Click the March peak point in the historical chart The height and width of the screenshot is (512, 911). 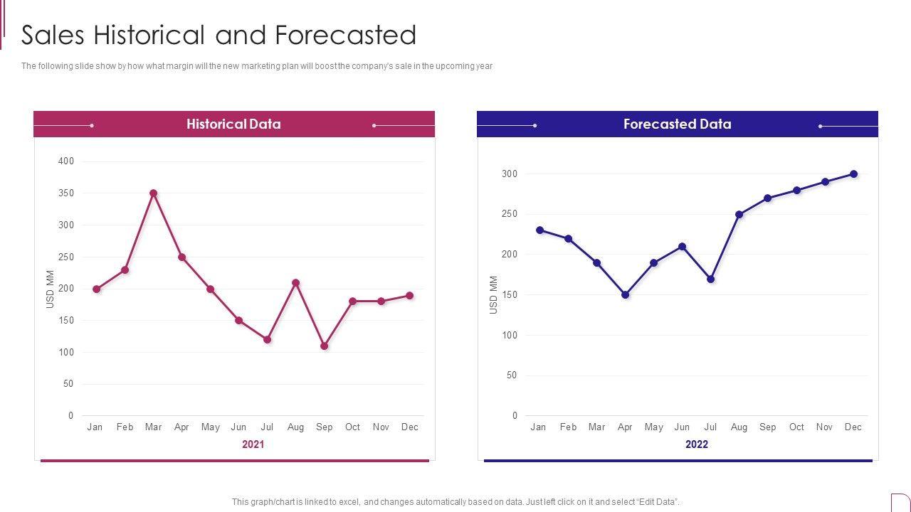click(153, 193)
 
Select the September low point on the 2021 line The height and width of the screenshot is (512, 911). click(324, 346)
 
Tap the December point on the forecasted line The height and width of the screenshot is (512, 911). click(853, 174)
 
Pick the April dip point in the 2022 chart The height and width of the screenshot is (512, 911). click(625, 294)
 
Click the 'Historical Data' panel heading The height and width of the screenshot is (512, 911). click(233, 124)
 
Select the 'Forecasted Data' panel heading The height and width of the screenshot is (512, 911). click(677, 124)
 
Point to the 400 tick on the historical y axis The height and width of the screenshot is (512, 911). click(66, 161)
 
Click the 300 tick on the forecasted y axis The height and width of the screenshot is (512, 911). click(510, 174)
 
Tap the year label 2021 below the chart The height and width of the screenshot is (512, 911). click(253, 444)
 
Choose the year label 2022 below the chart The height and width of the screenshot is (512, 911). click(696, 444)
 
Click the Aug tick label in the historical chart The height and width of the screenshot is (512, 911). click(295, 427)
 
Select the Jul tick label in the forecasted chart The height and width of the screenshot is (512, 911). click(710, 427)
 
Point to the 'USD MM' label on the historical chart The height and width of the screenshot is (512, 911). click(51, 289)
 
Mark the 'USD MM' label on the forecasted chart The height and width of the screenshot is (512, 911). click(494, 295)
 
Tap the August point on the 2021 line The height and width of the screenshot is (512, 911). click(295, 283)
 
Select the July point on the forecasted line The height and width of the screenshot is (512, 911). click(710, 279)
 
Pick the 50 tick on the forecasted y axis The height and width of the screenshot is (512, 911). click(512, 375)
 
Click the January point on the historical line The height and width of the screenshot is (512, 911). click(96, 289)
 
